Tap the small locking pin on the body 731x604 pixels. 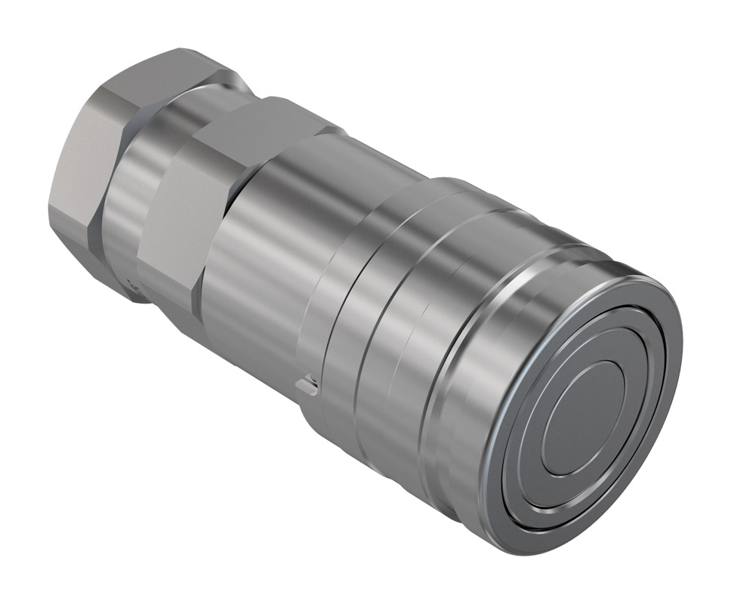[x=305, y=387]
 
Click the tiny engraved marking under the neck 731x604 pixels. [x=134, y=287]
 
